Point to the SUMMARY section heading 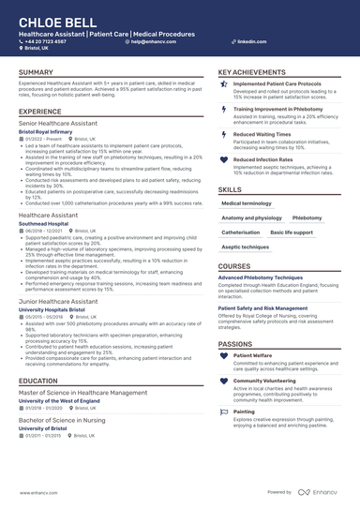pos(36,72)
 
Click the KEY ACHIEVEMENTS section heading pos(251,72)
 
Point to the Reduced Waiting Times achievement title pos(262,134)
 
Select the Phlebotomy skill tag pos(307,217)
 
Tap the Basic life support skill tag pos(292,232)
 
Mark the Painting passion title pos(244,411)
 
